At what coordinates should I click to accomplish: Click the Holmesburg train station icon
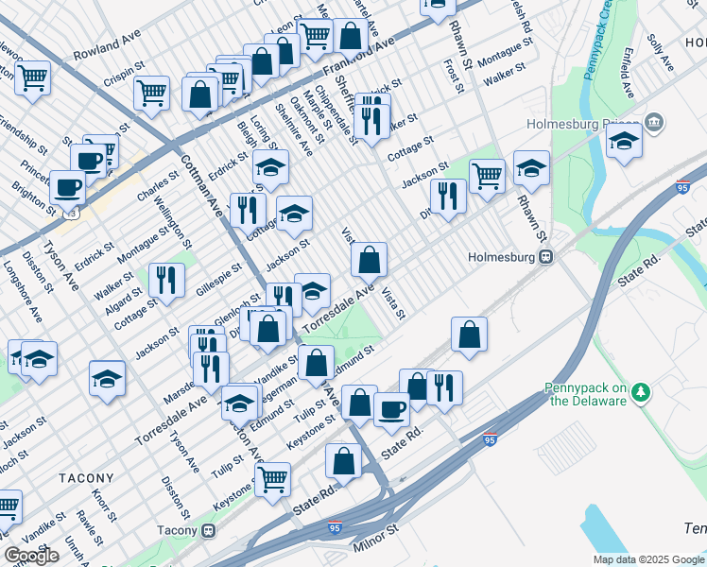point(545,257)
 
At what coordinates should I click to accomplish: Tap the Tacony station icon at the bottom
point(208,530)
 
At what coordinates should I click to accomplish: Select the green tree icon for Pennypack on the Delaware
point(641,390)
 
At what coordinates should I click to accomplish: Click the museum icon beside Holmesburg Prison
point(653,124)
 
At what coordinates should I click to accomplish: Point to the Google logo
point(31,556)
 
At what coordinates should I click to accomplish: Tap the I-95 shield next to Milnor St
point(335,524)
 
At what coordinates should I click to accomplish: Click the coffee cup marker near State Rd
point(391,408)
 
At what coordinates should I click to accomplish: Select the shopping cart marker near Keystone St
point(272,478)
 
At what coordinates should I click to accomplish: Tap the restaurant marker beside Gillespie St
point(166,280)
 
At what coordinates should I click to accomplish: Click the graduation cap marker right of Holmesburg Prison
point(625,141)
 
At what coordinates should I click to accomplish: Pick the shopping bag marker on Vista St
point(370,258)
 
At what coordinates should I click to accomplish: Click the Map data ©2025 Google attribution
point(647,558)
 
